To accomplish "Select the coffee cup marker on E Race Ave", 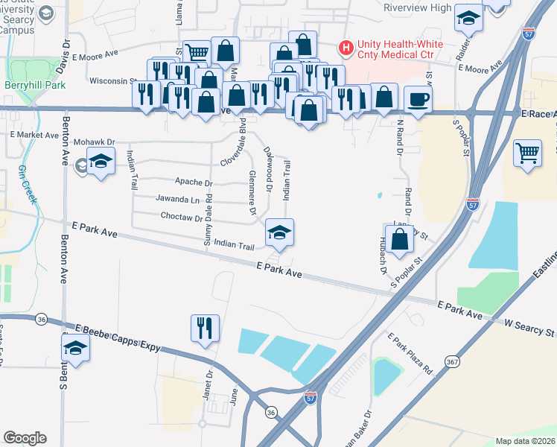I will tap(418, 98).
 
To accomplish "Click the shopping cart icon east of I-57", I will tap(527, 153).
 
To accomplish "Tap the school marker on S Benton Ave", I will tap(75, 348).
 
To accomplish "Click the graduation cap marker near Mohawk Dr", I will tap(100, 162).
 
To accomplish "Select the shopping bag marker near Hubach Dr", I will tap(400, 238).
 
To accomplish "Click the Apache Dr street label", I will tap(194, 183).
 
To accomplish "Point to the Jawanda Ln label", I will tap(179, 200).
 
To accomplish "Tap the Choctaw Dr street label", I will tap(182, 218).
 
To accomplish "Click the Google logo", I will tap(25, 438).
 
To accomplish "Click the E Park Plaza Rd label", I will tap(410, 354).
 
